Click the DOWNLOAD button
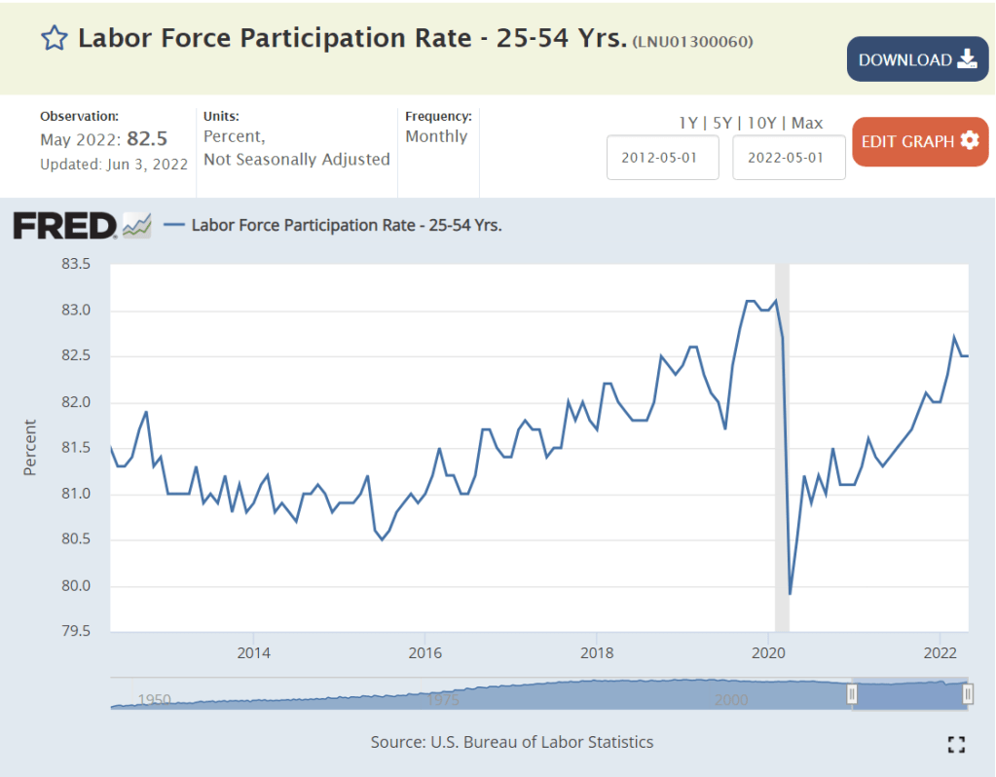917,59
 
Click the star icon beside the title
54,39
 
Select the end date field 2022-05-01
789,158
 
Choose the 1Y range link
687,123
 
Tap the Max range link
807,123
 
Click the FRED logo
65,226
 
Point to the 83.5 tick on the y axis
75,264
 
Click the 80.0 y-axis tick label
75,586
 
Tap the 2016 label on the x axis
424,651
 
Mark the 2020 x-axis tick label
768,651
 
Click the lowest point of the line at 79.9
790,593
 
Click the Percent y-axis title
29,448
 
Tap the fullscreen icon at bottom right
956,744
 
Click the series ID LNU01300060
692,41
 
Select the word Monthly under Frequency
436,136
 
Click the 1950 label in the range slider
154,699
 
